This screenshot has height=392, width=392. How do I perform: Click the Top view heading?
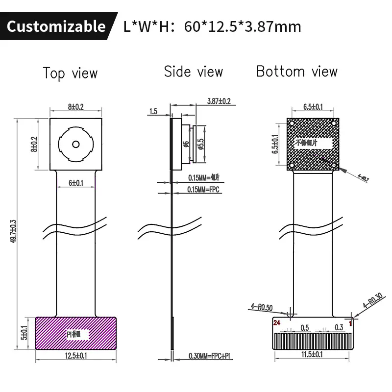click(70, 73)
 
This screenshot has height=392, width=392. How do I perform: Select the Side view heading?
click(193, 72)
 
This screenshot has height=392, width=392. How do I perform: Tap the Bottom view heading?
click(297, 72)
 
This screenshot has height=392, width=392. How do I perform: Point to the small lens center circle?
click(76, 144)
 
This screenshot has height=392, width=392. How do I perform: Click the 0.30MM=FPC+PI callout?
click(209, 356)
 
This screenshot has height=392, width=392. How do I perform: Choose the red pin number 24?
click(277, 323)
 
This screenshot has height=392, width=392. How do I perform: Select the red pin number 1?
click(350, 323)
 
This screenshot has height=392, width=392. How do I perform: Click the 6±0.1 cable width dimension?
click(76, 183)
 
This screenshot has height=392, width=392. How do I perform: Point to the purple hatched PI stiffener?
click(76, 333)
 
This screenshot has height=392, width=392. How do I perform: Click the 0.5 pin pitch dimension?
click(305, 327)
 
